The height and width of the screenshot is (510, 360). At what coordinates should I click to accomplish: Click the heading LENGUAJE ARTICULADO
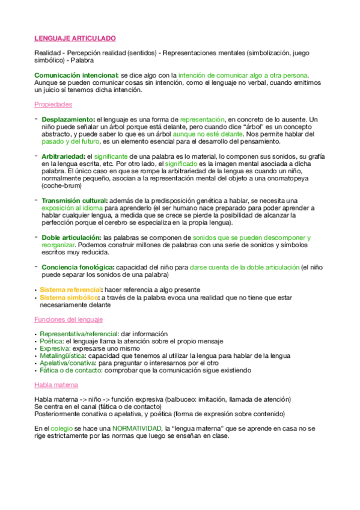pyautogui.click(x=75, y=38)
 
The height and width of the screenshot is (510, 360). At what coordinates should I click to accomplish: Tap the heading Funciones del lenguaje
pyautogui.click(x=68, y=319)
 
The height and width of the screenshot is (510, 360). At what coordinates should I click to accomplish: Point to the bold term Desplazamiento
pyautogui.click(x=68, y=120)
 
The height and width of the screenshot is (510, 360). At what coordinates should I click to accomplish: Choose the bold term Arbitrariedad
pyautogui.click(x=63, y=156)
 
